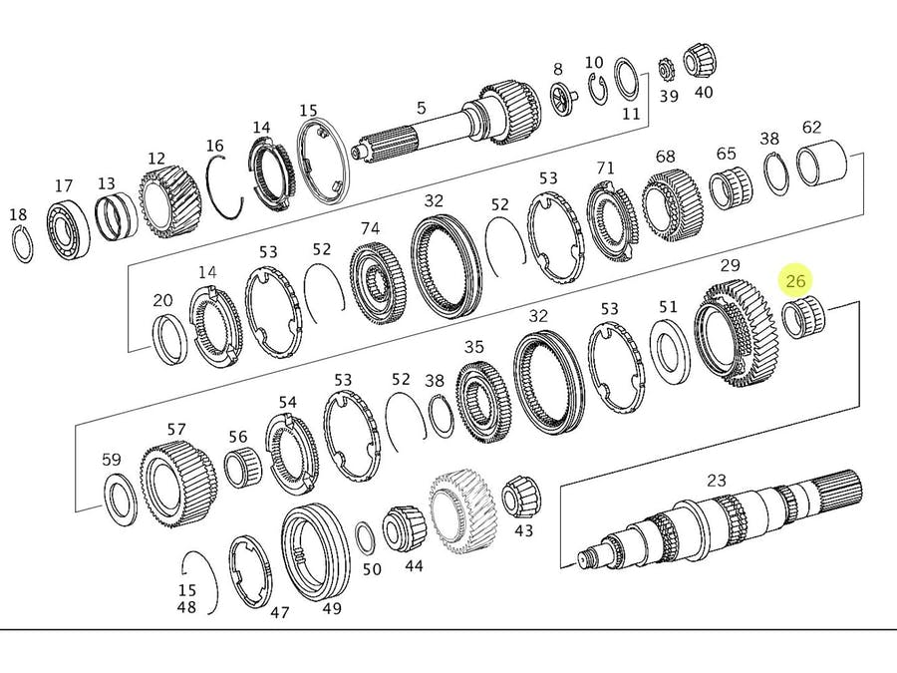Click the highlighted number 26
[795, 281]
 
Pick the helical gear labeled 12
[169, 203]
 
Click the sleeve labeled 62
[821, 164]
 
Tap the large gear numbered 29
[736, 334]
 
